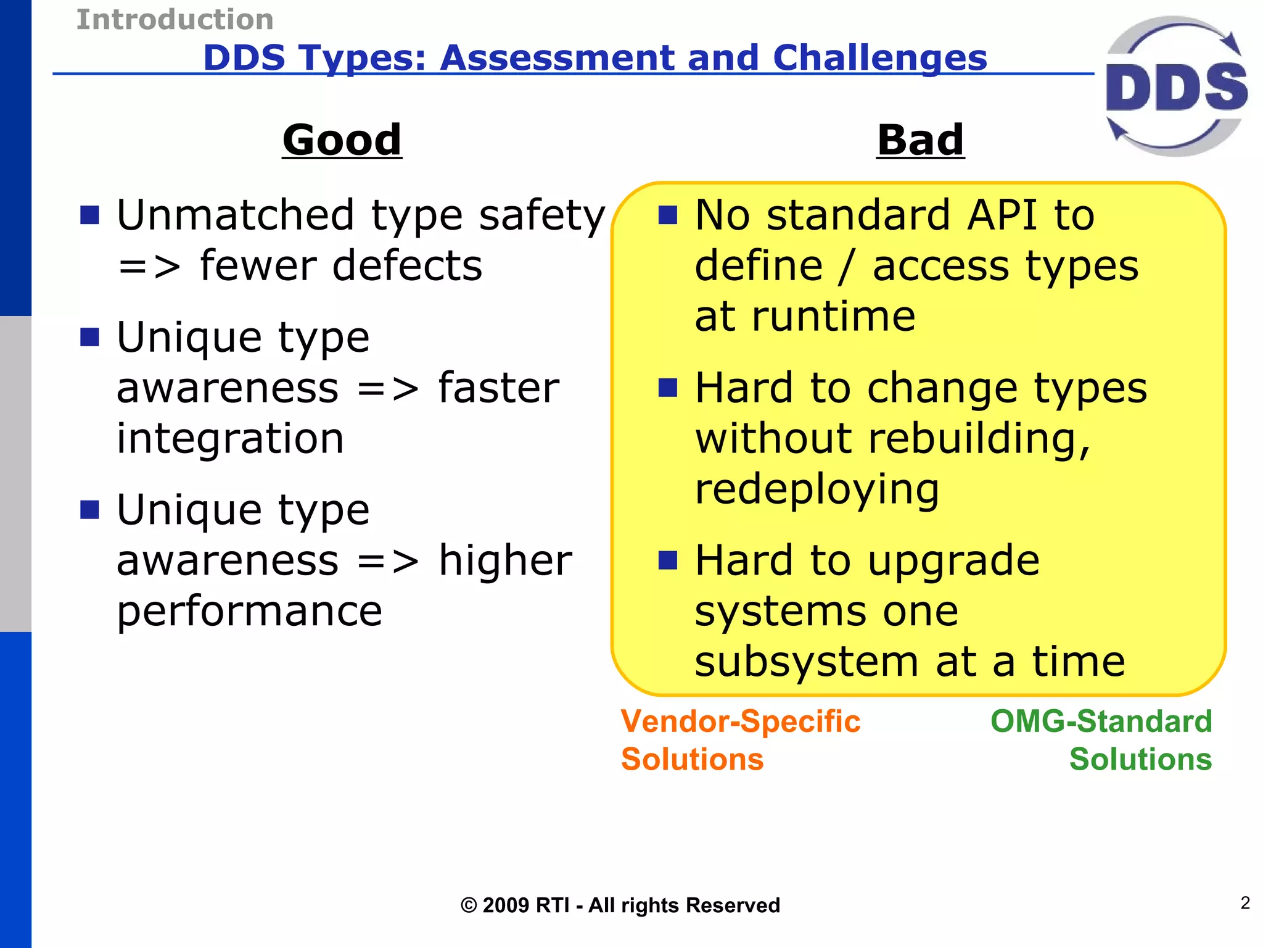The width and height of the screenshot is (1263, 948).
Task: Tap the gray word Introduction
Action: point(175,20)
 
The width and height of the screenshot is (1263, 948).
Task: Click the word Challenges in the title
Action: point(879,58)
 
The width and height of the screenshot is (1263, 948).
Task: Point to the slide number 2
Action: point(1245,903)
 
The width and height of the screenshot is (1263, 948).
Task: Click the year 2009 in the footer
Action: point(506,905)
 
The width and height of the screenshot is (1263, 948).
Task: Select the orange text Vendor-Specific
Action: point(740,721)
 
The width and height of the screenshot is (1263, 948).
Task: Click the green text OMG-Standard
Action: point(1101,721)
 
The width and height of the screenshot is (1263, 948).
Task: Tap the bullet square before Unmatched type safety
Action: point(90,215)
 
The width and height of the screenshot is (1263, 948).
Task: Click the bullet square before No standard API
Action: point(668,215)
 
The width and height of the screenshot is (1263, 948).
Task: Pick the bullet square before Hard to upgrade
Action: point(668,560)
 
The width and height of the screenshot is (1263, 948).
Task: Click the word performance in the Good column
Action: point(250,612)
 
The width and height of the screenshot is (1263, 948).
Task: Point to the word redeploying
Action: point(817,490)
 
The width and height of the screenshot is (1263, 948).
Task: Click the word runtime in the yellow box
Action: point(834,317)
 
